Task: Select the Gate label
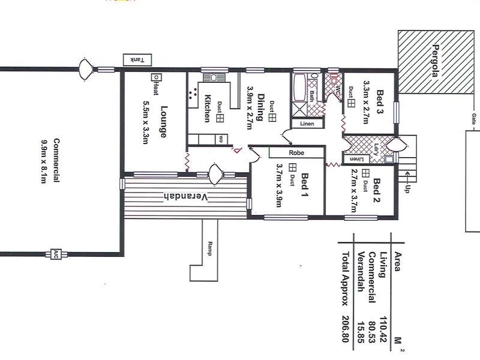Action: tap(474, 118)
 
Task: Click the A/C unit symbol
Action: tap(56, 254)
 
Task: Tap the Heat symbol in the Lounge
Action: tap(155, 77)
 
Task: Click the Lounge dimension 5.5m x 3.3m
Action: tap(145, 119)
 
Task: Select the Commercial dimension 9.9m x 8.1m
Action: tap(44, 162)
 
